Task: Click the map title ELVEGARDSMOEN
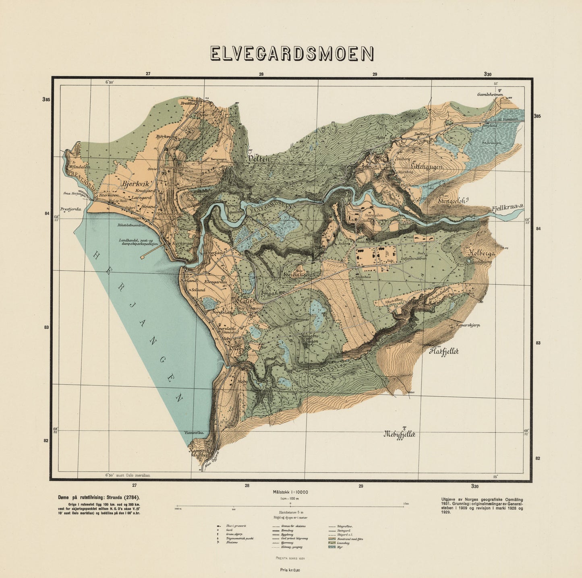[292, 54]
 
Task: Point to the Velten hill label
[258, 159]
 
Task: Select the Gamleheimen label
[490, 95]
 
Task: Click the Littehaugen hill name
[427, 165]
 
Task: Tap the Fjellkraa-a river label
[507, 208]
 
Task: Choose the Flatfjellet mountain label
[444, 351]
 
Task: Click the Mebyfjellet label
[399, 434]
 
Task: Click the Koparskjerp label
[468, 325]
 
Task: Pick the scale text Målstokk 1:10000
[290, 492]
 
